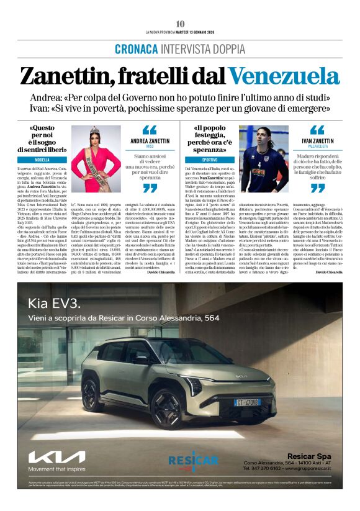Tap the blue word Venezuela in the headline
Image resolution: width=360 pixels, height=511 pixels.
pyautogui.click(x=288, y=76)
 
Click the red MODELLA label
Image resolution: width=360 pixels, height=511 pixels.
pyautogui.click(x=42, y=160)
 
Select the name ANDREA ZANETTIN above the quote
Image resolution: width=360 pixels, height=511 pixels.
pyautogui.click(x=150, y=141)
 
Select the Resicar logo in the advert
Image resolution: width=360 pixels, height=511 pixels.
pyautogui.click(x=193, y=460)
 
